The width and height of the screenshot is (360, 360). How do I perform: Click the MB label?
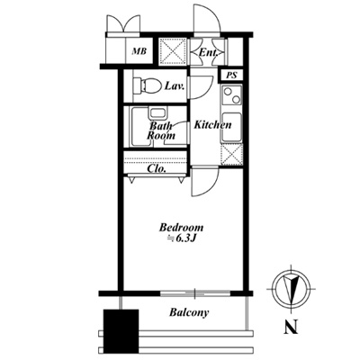click(x=139, y=51)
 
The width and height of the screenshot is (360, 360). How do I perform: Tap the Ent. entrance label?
click(x=208, y=53)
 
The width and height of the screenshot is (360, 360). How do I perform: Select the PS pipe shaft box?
click(x=231, y=75)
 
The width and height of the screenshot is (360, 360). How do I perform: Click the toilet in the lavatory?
click(x=146, y=85)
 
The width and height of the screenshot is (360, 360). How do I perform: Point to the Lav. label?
click(x=174, y=86)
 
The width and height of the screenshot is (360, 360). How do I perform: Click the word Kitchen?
click(x=212, y=124)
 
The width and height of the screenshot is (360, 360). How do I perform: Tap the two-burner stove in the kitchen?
click(x=231, y=95)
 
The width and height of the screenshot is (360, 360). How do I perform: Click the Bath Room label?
click(x=161, y=130)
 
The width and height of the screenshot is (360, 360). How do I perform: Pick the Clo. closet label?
click(x=157, y=168)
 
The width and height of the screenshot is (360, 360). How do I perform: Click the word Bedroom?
click(x=181, y=228)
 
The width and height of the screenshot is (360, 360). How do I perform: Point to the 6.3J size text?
click(x=184, y=238)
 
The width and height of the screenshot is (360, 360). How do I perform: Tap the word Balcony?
click(x=189, y=312)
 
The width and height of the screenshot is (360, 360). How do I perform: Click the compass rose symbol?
click(x=291, y=289)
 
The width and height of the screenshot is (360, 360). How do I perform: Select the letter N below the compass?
click(x=291, y=327)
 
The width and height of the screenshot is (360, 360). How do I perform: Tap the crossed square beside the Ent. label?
click(x=173, y=51)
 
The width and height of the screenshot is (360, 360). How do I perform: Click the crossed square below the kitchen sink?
click(x=231, y=154)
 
